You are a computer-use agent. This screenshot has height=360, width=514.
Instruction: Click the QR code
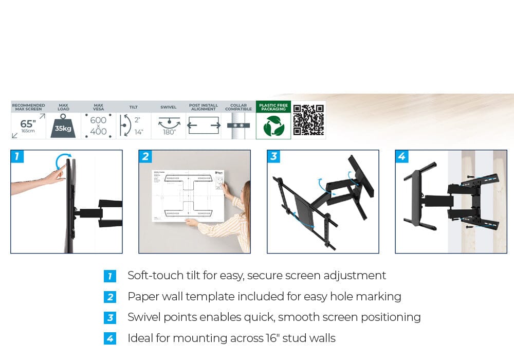coord(308,120)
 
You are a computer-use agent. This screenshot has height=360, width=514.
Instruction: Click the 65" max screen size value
coord(28,124)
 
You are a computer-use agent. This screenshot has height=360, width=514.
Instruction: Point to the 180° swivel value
coord(169,132)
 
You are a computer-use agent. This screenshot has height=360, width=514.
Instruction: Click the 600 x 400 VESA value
coord(98,125)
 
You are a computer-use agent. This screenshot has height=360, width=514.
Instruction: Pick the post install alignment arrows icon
coord(204,125)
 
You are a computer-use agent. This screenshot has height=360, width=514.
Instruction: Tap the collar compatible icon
coord(238,125)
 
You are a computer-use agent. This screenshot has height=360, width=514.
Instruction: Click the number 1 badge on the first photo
coord(17,156)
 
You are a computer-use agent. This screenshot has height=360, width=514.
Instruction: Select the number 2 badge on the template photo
coord(145,156)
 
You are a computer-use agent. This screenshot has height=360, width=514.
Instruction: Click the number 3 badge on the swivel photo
coord(274,156)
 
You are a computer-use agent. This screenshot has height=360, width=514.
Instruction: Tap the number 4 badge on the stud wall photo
coord(402,156)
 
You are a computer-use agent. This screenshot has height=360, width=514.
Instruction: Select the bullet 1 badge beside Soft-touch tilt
coord(110,276)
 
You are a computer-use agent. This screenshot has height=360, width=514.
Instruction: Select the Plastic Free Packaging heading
coord(273,106)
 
